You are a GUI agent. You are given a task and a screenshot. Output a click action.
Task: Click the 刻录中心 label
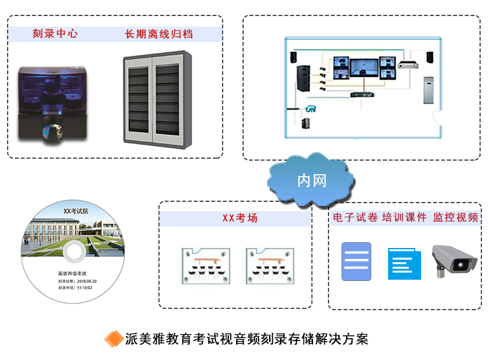click(x=55, y=33)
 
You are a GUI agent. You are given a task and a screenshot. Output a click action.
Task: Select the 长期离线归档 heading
click(x=158, y=33)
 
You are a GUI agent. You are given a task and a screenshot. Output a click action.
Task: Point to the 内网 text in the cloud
click(x=311, y=180)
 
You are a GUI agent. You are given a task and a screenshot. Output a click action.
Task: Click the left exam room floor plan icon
click(x=204, y=265)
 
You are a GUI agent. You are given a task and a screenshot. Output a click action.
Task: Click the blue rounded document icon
click(x=356, y=262)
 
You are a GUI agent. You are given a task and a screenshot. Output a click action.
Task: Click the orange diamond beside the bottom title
click(x=114, y=339)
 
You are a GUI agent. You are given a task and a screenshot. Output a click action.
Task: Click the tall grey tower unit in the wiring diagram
click(x=429, y=90)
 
